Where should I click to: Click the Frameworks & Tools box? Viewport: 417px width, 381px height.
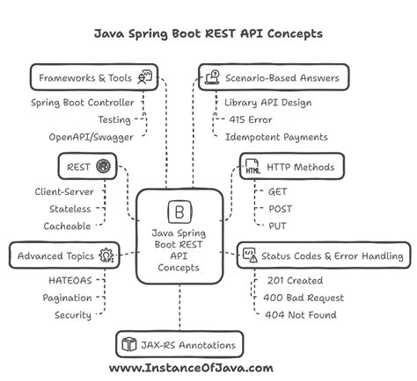click(x=94, y=77)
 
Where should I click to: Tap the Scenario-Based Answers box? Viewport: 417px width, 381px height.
click(x=274, y=77)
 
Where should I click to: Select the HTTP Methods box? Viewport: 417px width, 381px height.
click(x=292, y=166)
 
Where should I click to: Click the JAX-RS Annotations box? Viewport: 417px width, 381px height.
click(x=179, y=344)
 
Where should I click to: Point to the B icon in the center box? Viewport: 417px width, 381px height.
click(x=179, y=212)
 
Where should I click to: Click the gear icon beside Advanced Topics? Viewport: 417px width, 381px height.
click(x=106, y=255)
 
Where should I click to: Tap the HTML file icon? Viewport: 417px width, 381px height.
click(x=252, y=166)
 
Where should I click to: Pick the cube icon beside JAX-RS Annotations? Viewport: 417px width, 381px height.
click(x=129, y=344)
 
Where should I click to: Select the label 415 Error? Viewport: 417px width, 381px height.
click(x=251, y=119)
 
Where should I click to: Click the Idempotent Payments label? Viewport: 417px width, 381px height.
click(x=276, y=137)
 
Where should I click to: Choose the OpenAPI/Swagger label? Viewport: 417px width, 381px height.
click(x=91, y=137)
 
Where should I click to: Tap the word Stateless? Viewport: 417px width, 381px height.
click(x=70, y=209)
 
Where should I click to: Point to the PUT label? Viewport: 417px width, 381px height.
click(x=277, y=226)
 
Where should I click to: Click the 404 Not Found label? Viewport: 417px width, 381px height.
click(x=301, y=315)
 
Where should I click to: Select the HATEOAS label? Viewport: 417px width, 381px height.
click(x=70, y=280)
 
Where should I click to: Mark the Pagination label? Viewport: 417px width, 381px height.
click(x=67, y=298)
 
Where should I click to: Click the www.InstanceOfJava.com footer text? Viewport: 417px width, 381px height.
click(x=191, y=368)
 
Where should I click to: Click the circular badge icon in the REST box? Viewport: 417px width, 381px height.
click(x=103, y=166)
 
